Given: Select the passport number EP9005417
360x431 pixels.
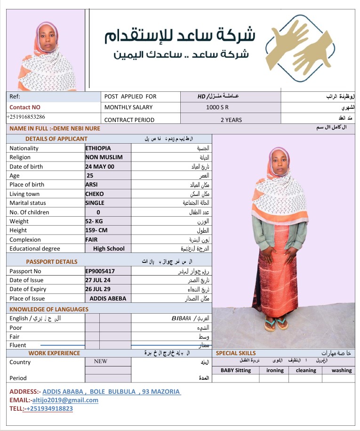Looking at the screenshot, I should (100, 271).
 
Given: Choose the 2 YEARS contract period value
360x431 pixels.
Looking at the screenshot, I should (231, 120).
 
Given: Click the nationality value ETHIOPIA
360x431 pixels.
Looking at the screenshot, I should (98, 148).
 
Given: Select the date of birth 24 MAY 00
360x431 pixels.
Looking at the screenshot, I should (99, 166).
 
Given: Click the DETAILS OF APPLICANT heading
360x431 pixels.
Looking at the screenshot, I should (56, 138).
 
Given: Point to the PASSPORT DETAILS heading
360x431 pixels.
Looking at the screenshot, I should (52, 261).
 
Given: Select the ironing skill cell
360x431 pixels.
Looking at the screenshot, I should (275, 370).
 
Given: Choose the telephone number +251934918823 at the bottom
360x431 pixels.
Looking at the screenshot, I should (49, 408).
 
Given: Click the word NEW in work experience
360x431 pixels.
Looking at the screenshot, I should (101, 361).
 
